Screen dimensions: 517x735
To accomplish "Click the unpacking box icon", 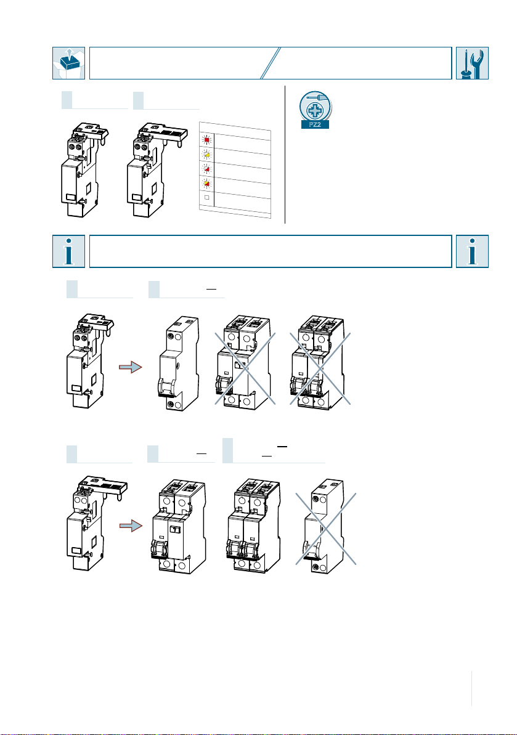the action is coord(68,63).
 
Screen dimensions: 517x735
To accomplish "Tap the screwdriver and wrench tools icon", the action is coord(473,63).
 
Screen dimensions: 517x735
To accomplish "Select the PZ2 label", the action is coord(315,124).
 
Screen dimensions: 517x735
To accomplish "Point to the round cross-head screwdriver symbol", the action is coord(315,106).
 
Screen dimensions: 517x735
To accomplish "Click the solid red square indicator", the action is coord(206,140).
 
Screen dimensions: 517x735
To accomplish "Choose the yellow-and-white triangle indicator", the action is coord(206,155).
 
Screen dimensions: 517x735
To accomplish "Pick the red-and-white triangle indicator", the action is coord(206,169).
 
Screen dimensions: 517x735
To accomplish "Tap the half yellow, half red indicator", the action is coord(206,183).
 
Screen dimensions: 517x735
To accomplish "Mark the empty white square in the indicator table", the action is coord(206,197).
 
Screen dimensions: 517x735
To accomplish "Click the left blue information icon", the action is coord(68,251).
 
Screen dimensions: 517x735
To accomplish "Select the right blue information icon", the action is coord(473,251).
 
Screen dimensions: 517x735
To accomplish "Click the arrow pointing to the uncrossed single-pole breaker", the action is coord(130,367).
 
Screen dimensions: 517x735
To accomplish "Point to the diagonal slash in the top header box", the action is coord(271,63).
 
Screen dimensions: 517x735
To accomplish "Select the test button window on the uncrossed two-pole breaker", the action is coord(176,530).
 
